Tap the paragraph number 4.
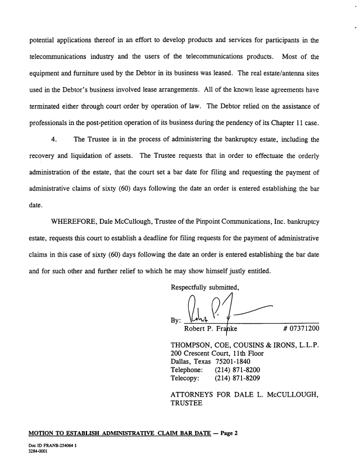point(54,140)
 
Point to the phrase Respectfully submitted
point(205,287)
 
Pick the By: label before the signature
point(175,320)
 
